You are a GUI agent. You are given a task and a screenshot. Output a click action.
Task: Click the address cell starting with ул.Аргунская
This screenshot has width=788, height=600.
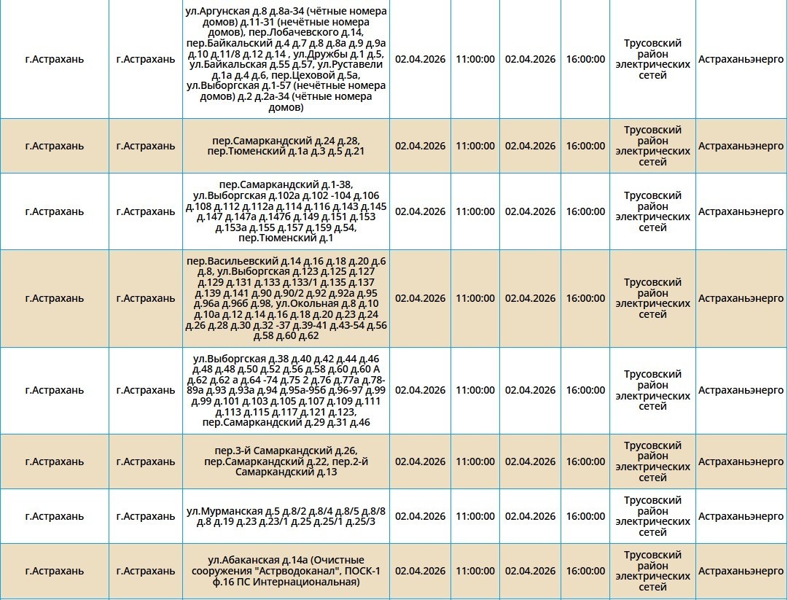coord(286,59)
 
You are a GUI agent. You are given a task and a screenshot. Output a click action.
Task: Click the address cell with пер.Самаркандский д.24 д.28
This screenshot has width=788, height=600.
coord(286,145)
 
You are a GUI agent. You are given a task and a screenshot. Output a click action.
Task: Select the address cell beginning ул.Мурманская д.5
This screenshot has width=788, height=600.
coord(286,516)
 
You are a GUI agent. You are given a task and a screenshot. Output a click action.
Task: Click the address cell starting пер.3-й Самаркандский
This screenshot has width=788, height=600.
coord(286,461)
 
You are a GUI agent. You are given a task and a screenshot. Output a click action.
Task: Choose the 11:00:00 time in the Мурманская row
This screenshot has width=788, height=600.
coord(475,516)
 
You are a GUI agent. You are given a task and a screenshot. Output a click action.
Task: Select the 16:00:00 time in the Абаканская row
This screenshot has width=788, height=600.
coord(585,571)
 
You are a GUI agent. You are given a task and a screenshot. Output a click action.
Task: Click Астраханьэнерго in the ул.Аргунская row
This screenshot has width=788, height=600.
coord(741,59)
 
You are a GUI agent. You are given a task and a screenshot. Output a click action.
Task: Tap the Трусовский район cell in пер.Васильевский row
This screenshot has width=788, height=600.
coord(652,298)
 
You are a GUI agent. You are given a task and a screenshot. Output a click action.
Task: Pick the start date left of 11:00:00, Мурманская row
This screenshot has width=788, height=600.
coord(420,516)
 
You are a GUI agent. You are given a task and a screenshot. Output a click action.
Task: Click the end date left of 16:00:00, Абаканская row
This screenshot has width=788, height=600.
coord(530,571)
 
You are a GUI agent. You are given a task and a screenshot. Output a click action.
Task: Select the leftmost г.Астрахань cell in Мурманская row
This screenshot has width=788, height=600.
coord(54,516)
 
